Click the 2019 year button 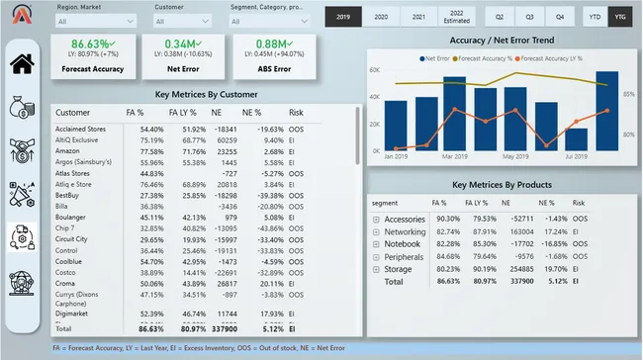(x=343, y=17)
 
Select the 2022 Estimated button (x=456, y=17)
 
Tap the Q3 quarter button (x=530, y=17)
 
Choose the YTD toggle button (x=595, y=17)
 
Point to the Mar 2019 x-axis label (x=456, y=156)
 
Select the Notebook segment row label (x=403, y=242)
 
